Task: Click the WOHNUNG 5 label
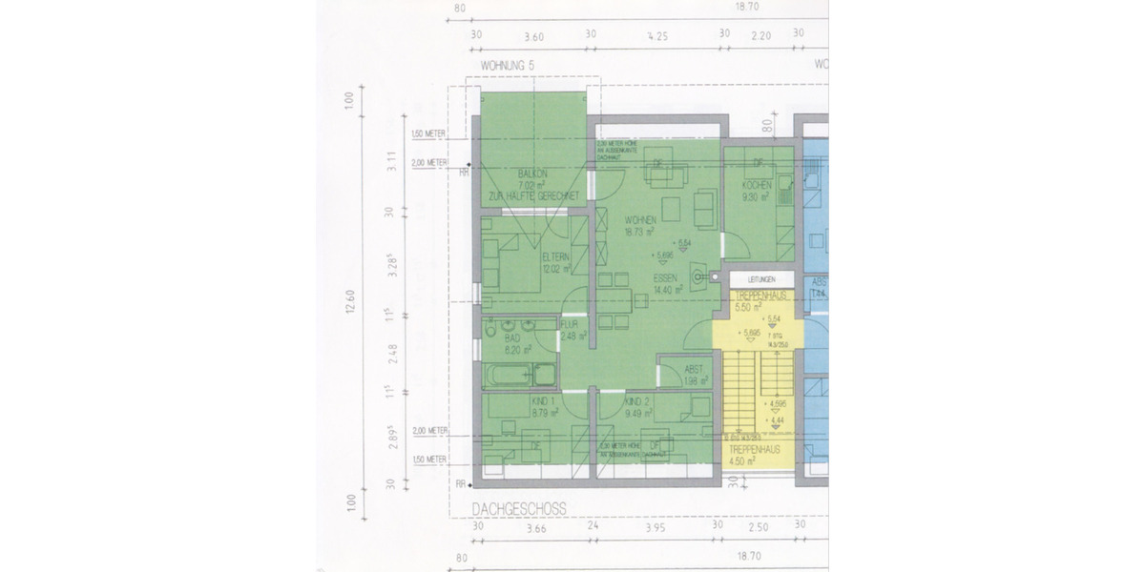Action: (509, 66)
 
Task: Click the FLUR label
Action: (570, 324)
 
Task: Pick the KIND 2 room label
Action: (637, 401)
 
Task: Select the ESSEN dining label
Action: (665, 277)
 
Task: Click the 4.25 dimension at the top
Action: (656, 36)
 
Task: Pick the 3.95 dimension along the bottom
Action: (655, 526)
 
